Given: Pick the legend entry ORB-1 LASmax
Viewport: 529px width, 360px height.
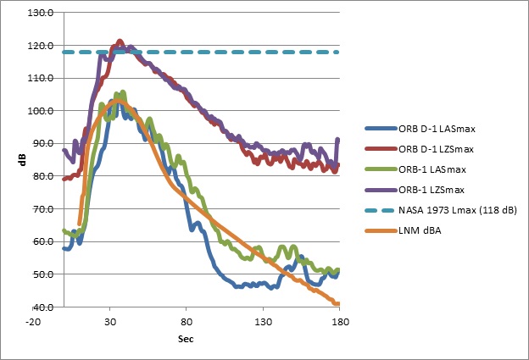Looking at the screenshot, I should (437, 169).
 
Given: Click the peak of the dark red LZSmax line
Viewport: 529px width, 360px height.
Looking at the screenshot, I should (120, 41).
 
